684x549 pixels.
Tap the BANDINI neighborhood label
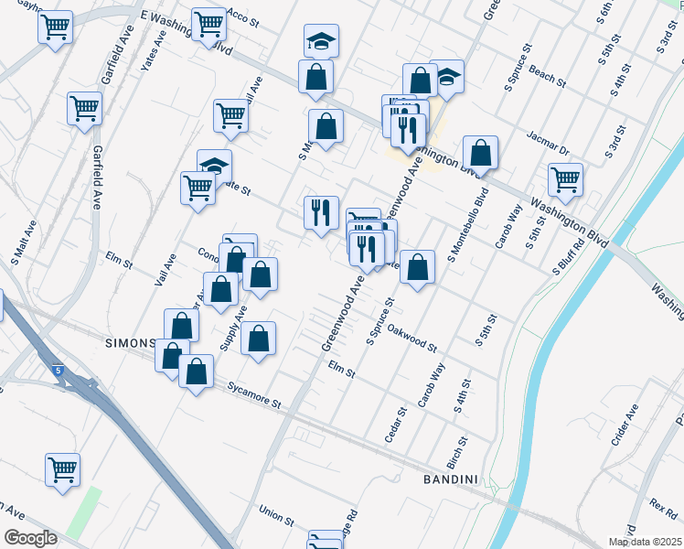(x=452, y=479)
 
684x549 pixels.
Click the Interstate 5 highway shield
(x=58, y=371)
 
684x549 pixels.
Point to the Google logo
(x=30, y=538)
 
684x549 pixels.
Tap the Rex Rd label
(x=663, y=504)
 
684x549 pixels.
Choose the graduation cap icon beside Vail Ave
(x=214, y=165)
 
